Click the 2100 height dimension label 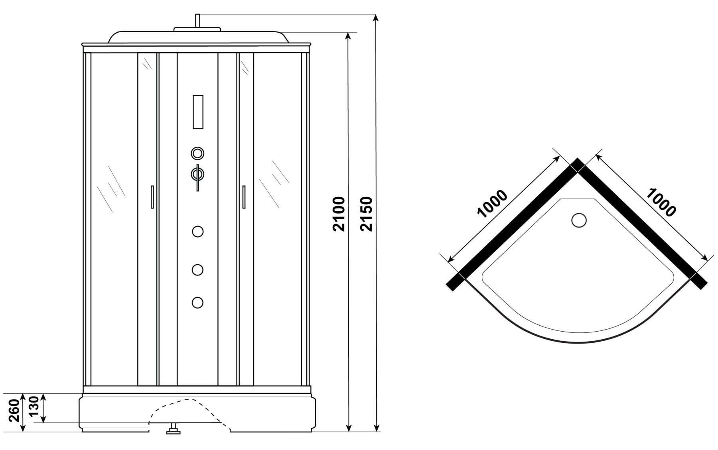pos(339,214)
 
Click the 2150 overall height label pos(366,214)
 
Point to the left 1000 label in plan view pos(492,204)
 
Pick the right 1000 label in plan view pos(661,202)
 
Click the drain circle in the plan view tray pos(579,220)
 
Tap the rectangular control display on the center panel pos(198,112)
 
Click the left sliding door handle pos(152,197)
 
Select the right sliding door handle pos(243,197)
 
